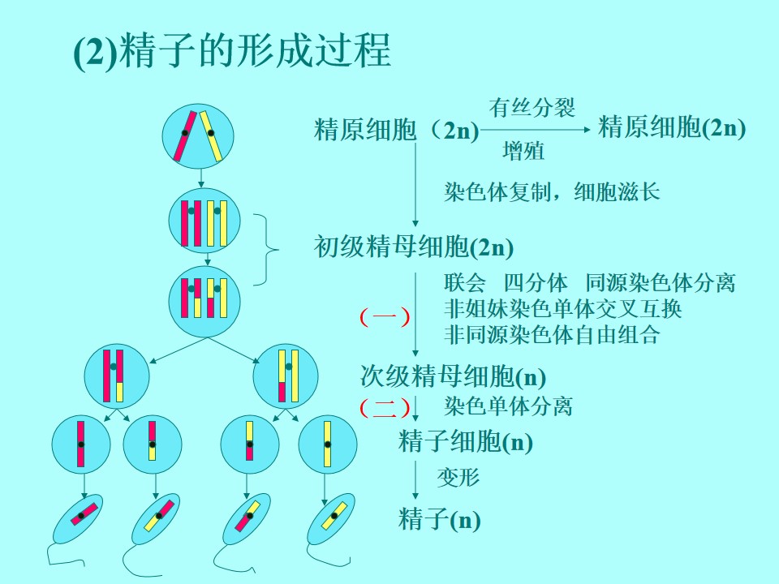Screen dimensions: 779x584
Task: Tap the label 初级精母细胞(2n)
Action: (x=413, y=247)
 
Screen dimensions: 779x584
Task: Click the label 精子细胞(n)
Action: (x=466, y=441)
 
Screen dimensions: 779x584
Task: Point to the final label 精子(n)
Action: (x=439, y=519)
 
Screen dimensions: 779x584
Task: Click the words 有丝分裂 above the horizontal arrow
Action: (x=532, y=107)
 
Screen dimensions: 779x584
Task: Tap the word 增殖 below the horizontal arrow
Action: (x=523, y=151)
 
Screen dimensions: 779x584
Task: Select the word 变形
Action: (x=458, y=477)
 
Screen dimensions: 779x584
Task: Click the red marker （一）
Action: (x=385, y=317)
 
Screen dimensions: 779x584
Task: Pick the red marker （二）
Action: (x=385, y=407)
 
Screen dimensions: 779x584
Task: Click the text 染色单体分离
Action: (x=508, y=406)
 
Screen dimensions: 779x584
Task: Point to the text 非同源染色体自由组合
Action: (x=552, y=335)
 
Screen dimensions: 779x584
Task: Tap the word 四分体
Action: (x=536, y=282)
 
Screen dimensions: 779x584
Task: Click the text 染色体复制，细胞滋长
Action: (x=552, y=191)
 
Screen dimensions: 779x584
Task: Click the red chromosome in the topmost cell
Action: (x=185, y=136)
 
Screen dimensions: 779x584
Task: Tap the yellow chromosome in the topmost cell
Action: (x=211, y=136)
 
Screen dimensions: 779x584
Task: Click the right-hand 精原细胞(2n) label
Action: (x=672, y=127)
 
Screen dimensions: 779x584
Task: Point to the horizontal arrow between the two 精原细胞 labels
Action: (x=536, y=130)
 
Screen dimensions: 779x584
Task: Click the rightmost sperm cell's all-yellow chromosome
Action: (x=334, y=517)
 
